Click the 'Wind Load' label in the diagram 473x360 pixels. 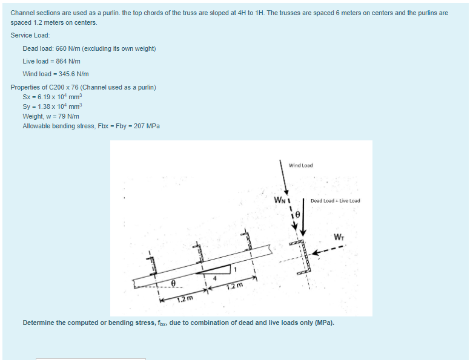[300, 165]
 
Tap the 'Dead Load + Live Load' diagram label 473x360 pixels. [335, 201]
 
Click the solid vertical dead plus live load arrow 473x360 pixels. [303, 215]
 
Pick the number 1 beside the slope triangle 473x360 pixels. [236, 264]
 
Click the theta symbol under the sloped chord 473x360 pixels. [173, 282]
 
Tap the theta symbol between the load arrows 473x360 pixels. [297, 214]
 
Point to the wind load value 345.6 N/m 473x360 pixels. [73, 74]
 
